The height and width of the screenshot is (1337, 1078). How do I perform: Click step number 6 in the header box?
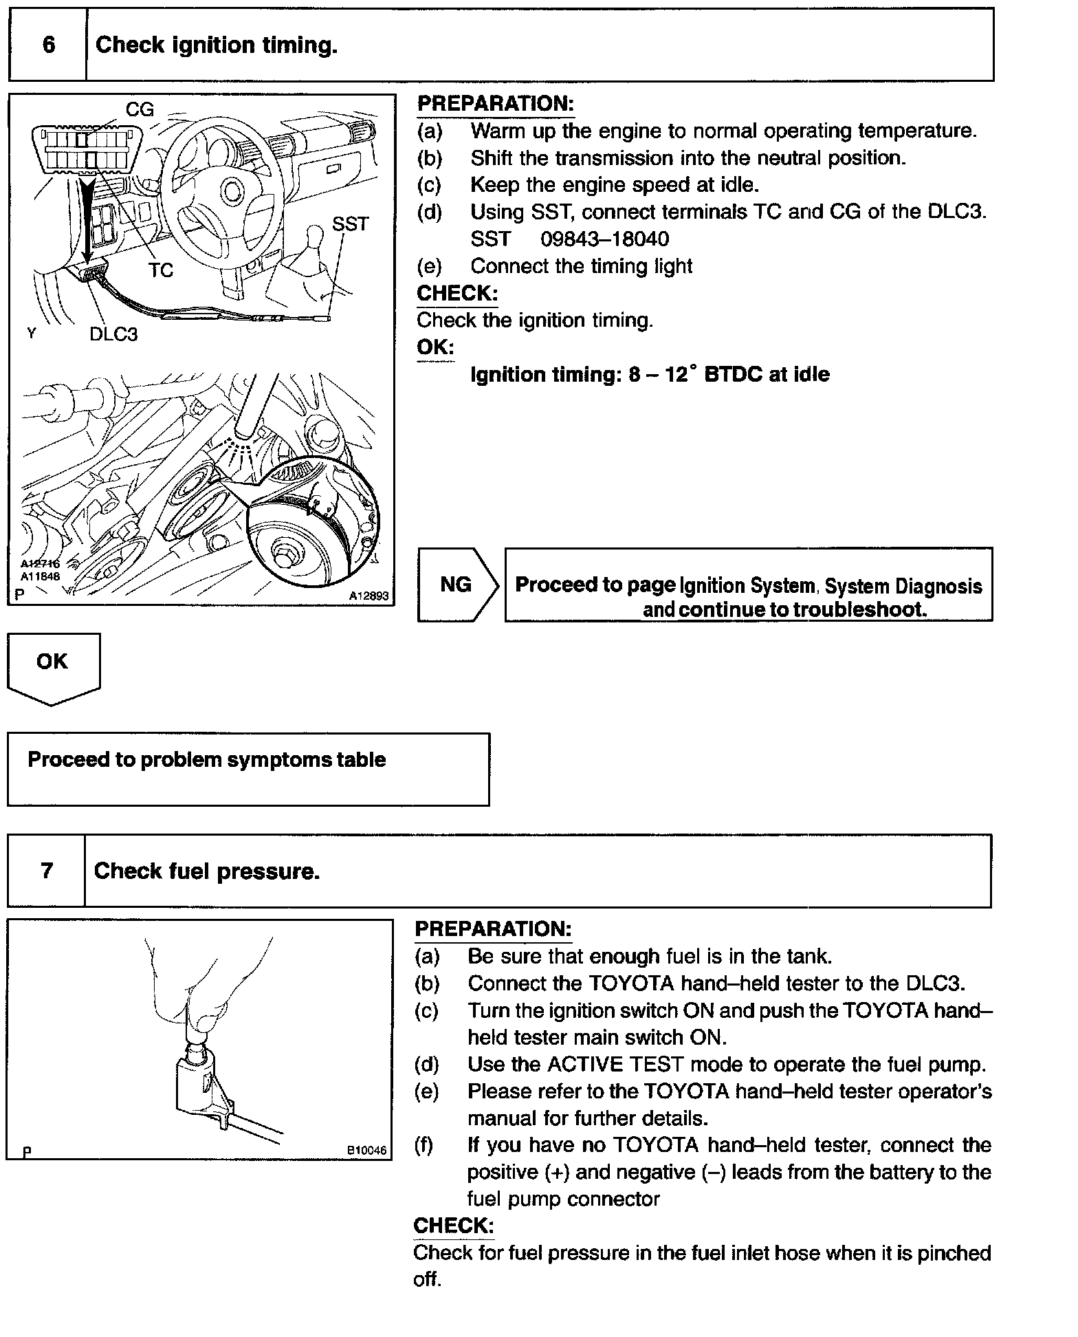[x=48, y=45]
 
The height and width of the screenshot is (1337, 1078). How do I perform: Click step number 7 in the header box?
[x=47, y=871]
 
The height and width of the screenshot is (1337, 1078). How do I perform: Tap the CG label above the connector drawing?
[x=140, y=109]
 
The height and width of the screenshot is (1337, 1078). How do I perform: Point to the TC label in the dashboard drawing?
[x=161, y=270]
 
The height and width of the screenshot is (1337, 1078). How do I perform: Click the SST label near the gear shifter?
[x=350, y=224]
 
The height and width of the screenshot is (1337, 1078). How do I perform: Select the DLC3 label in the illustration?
[x=113, y=334]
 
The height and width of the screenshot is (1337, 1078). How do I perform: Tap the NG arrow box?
[x=456, y=585]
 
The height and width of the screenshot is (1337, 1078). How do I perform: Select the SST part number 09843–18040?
[x=604, y=239]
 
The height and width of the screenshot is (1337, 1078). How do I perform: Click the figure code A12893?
[x=368, y=596]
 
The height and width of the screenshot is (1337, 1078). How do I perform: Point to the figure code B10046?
[x=366, y=1150]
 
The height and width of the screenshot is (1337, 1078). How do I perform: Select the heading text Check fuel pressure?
[x=207, y=871]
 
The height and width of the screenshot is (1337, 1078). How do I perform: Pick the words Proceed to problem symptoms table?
[x=206, y=760]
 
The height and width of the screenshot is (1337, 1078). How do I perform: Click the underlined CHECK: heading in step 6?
[x=457, y=294]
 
